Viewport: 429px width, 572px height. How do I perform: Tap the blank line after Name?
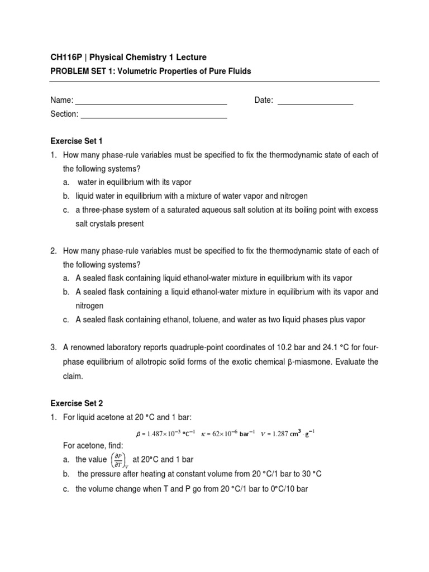tap(151, 102)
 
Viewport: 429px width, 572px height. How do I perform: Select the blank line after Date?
tap(315, 102)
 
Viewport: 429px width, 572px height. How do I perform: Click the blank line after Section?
tap(154, 116)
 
